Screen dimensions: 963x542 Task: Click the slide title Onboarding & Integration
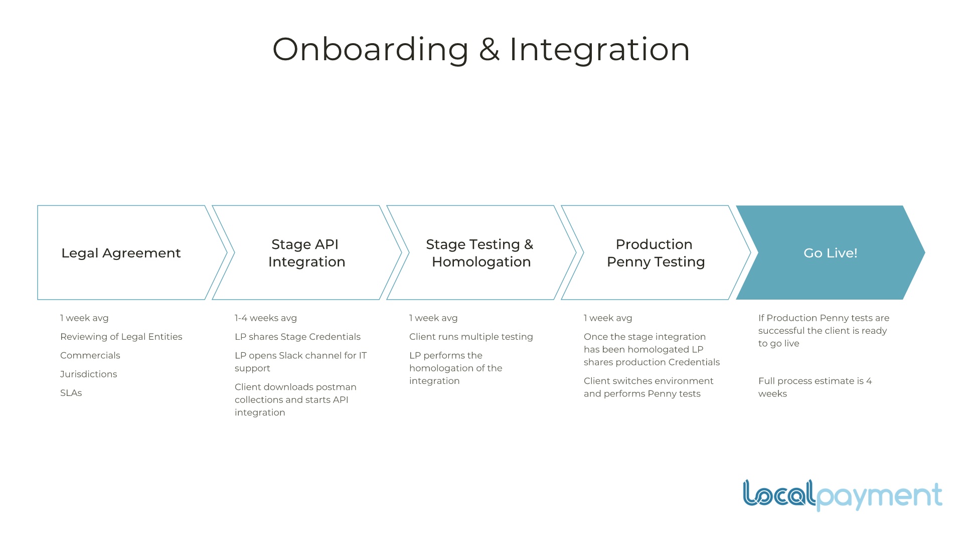coord(481,49)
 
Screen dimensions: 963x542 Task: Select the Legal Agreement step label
coord(121,253)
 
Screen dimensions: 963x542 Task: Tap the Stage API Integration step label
coord(306,253)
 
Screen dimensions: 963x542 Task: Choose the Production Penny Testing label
coord(656,253)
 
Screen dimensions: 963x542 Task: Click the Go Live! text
coord(831,253)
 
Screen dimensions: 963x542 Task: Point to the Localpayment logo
coord(842,495)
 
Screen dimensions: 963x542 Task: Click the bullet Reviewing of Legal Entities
coord(121,337)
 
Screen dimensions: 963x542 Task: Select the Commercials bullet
coord(90,355)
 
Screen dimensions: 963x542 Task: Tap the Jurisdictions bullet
coord(88,374)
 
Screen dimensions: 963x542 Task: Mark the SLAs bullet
coord(71,393)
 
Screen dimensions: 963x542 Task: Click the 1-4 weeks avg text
coord(266,318)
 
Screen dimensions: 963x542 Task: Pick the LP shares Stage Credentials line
coord(297,337)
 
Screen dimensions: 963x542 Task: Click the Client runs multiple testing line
coord(471,337)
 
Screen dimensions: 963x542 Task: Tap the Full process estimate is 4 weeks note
coord(815,387)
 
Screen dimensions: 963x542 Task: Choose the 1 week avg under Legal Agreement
coord(84,318)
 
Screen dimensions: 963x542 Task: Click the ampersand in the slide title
coord(489,50)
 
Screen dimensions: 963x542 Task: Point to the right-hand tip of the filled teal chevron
coord(925,252)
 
